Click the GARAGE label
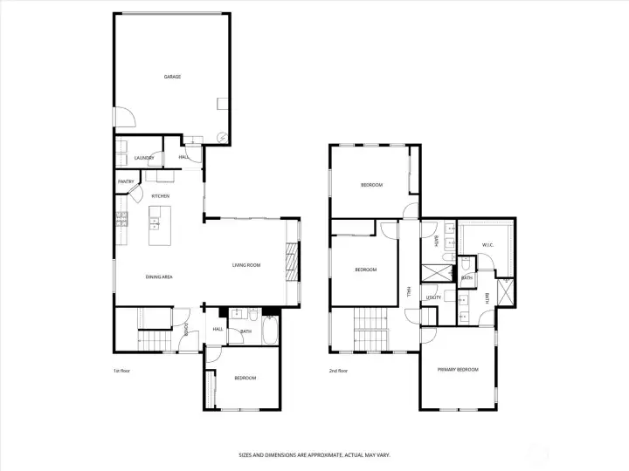[172, 77]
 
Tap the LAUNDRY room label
[144, 158]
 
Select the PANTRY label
[125, 181]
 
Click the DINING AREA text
[159, 276]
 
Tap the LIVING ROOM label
[246, 265]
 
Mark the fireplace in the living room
[293, 263]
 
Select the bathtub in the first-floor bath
[269, 331]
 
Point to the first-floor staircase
[154, 338]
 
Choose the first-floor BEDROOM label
[245, 378]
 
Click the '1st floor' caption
[121, 371]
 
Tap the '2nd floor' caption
[338, 371]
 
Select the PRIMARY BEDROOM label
[458, 370]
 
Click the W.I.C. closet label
[487, 245]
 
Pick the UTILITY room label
[433, 297]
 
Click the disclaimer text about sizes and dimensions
[314, 454]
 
